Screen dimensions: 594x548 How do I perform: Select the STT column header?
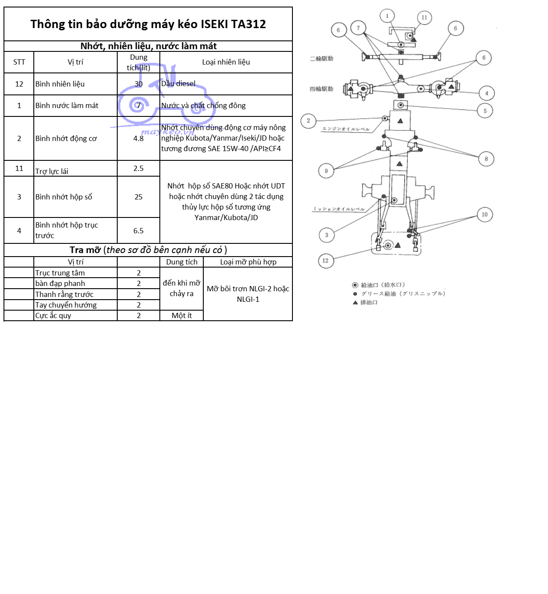[19, 62]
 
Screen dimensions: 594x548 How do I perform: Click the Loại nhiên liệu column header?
[226, 62]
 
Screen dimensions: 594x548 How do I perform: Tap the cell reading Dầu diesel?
[178, 83]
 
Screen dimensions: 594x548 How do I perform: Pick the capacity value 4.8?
[138, 138]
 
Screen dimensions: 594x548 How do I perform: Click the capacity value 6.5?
[138, 231]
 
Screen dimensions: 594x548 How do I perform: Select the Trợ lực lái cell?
[52, 171]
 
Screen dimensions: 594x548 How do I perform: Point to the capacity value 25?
[138, 197]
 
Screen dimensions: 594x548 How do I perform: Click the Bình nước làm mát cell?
[67, 105]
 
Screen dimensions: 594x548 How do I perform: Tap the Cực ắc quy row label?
[53, 315]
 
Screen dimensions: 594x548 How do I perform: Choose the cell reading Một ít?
[182, 315]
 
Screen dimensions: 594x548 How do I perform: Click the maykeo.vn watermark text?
[167, 132]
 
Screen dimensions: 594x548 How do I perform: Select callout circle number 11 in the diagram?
[424, 18]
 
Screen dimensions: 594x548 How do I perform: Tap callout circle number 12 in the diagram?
[325, 261]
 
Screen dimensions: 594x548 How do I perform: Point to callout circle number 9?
[326, 171]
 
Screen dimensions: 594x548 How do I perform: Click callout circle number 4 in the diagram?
[487, 93]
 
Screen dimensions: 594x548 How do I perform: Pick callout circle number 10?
[485, 215]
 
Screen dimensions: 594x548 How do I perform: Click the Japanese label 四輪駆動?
[321, 89]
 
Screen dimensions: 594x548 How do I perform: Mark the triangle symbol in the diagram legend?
[355, 302]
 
